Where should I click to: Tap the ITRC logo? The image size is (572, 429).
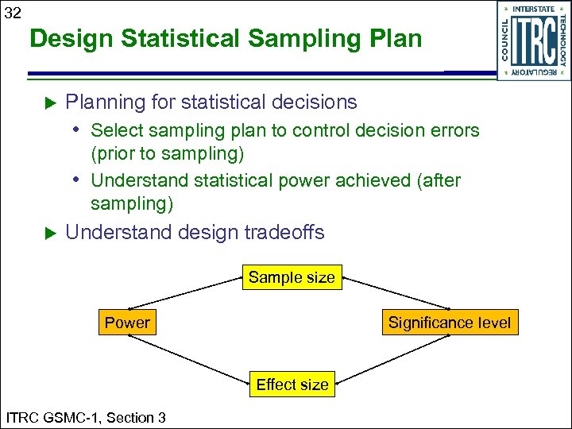click(x=533, y=41)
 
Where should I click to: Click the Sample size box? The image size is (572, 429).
click(x=292, y=277)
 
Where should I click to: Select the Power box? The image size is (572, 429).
click(x=127, y=323)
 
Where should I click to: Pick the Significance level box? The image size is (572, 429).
click(x=450, y=323)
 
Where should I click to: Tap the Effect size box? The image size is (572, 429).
click(x=292, y=385)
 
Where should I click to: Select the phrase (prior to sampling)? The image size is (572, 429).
click(x=168, y=153)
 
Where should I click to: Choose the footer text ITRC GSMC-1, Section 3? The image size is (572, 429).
click(x=86, y=417)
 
